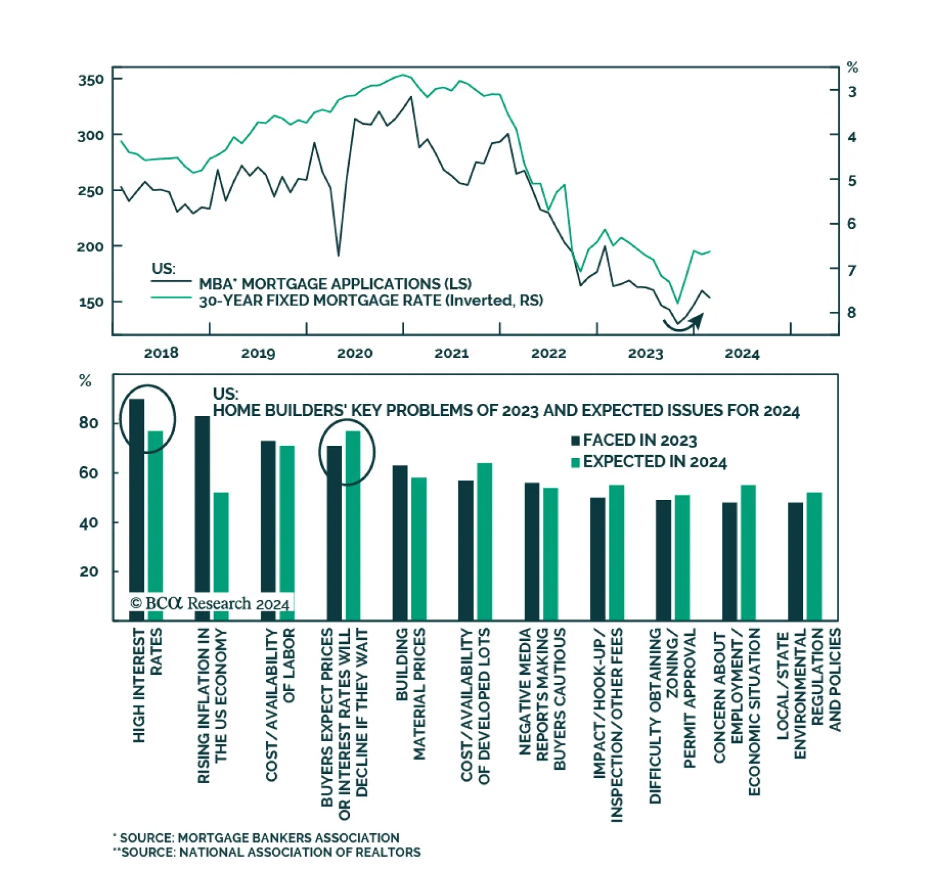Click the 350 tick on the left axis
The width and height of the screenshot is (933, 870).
[91, 79]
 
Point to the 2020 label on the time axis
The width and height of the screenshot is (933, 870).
[355, 353]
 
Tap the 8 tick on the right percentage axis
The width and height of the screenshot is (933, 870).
[851, 313]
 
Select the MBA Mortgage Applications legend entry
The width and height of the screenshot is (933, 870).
[335, 284]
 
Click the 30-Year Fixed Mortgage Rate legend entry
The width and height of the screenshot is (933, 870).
[371, 301]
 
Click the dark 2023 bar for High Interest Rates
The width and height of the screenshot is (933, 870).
[136, 507]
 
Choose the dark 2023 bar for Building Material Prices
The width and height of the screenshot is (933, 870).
[400, 542]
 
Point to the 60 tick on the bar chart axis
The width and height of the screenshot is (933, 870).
[89, 473]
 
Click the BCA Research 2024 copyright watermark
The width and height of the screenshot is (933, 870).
[210, 604]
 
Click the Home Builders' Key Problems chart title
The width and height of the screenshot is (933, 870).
[506, 411]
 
